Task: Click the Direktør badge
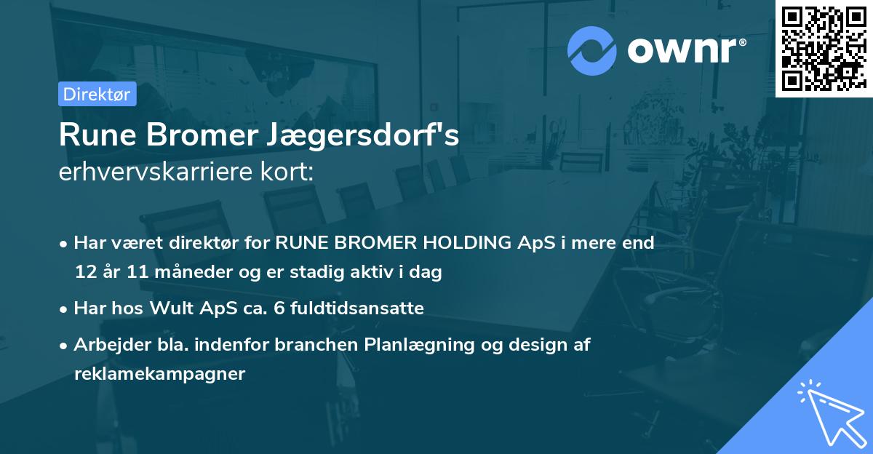click(x=97, y=94)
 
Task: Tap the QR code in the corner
click(x=824, y=48)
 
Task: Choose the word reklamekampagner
click(x=160, y=374)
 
